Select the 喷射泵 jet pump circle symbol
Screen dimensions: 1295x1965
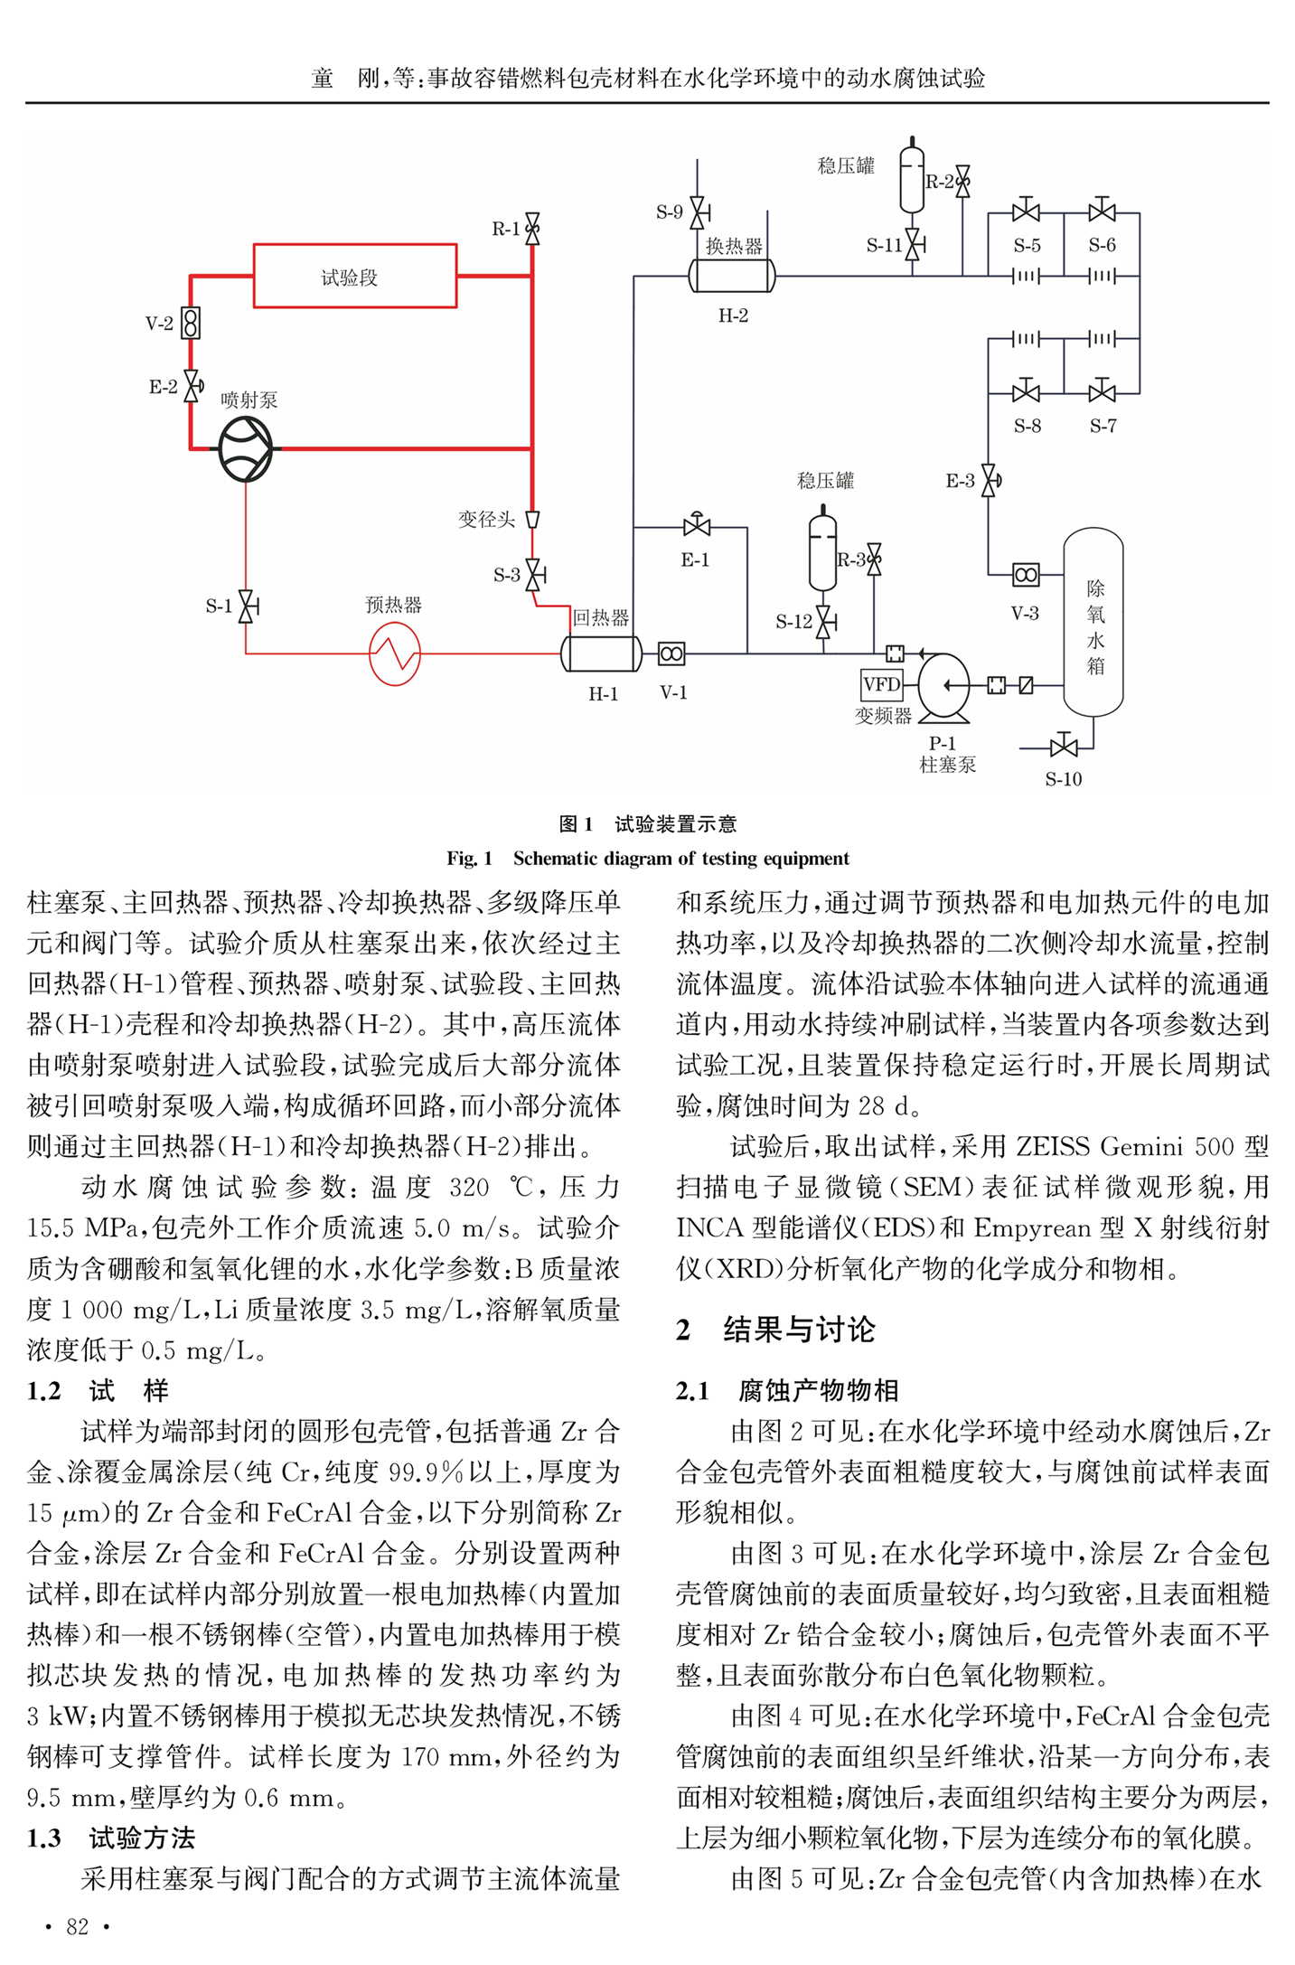[245, 448]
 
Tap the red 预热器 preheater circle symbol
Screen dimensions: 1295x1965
[395, 653]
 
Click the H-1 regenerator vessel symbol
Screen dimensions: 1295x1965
[602, 653]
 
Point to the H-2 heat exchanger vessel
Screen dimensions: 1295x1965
[732, 276]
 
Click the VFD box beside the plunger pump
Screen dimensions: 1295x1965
[881, 684]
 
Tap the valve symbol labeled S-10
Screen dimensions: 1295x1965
[1064, 747]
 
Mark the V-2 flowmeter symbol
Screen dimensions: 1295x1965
[191, 323]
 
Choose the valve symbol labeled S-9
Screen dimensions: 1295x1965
[698, 213]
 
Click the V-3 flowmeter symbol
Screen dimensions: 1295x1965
[1026, 574]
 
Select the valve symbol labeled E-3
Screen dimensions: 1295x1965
[990, 480]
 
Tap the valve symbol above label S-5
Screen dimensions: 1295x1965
[1026, 211]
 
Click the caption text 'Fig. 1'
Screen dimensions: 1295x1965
[469, 858]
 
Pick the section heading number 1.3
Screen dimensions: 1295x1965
[43, 1837]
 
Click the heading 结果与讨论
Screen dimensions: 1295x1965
[799, 1329]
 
